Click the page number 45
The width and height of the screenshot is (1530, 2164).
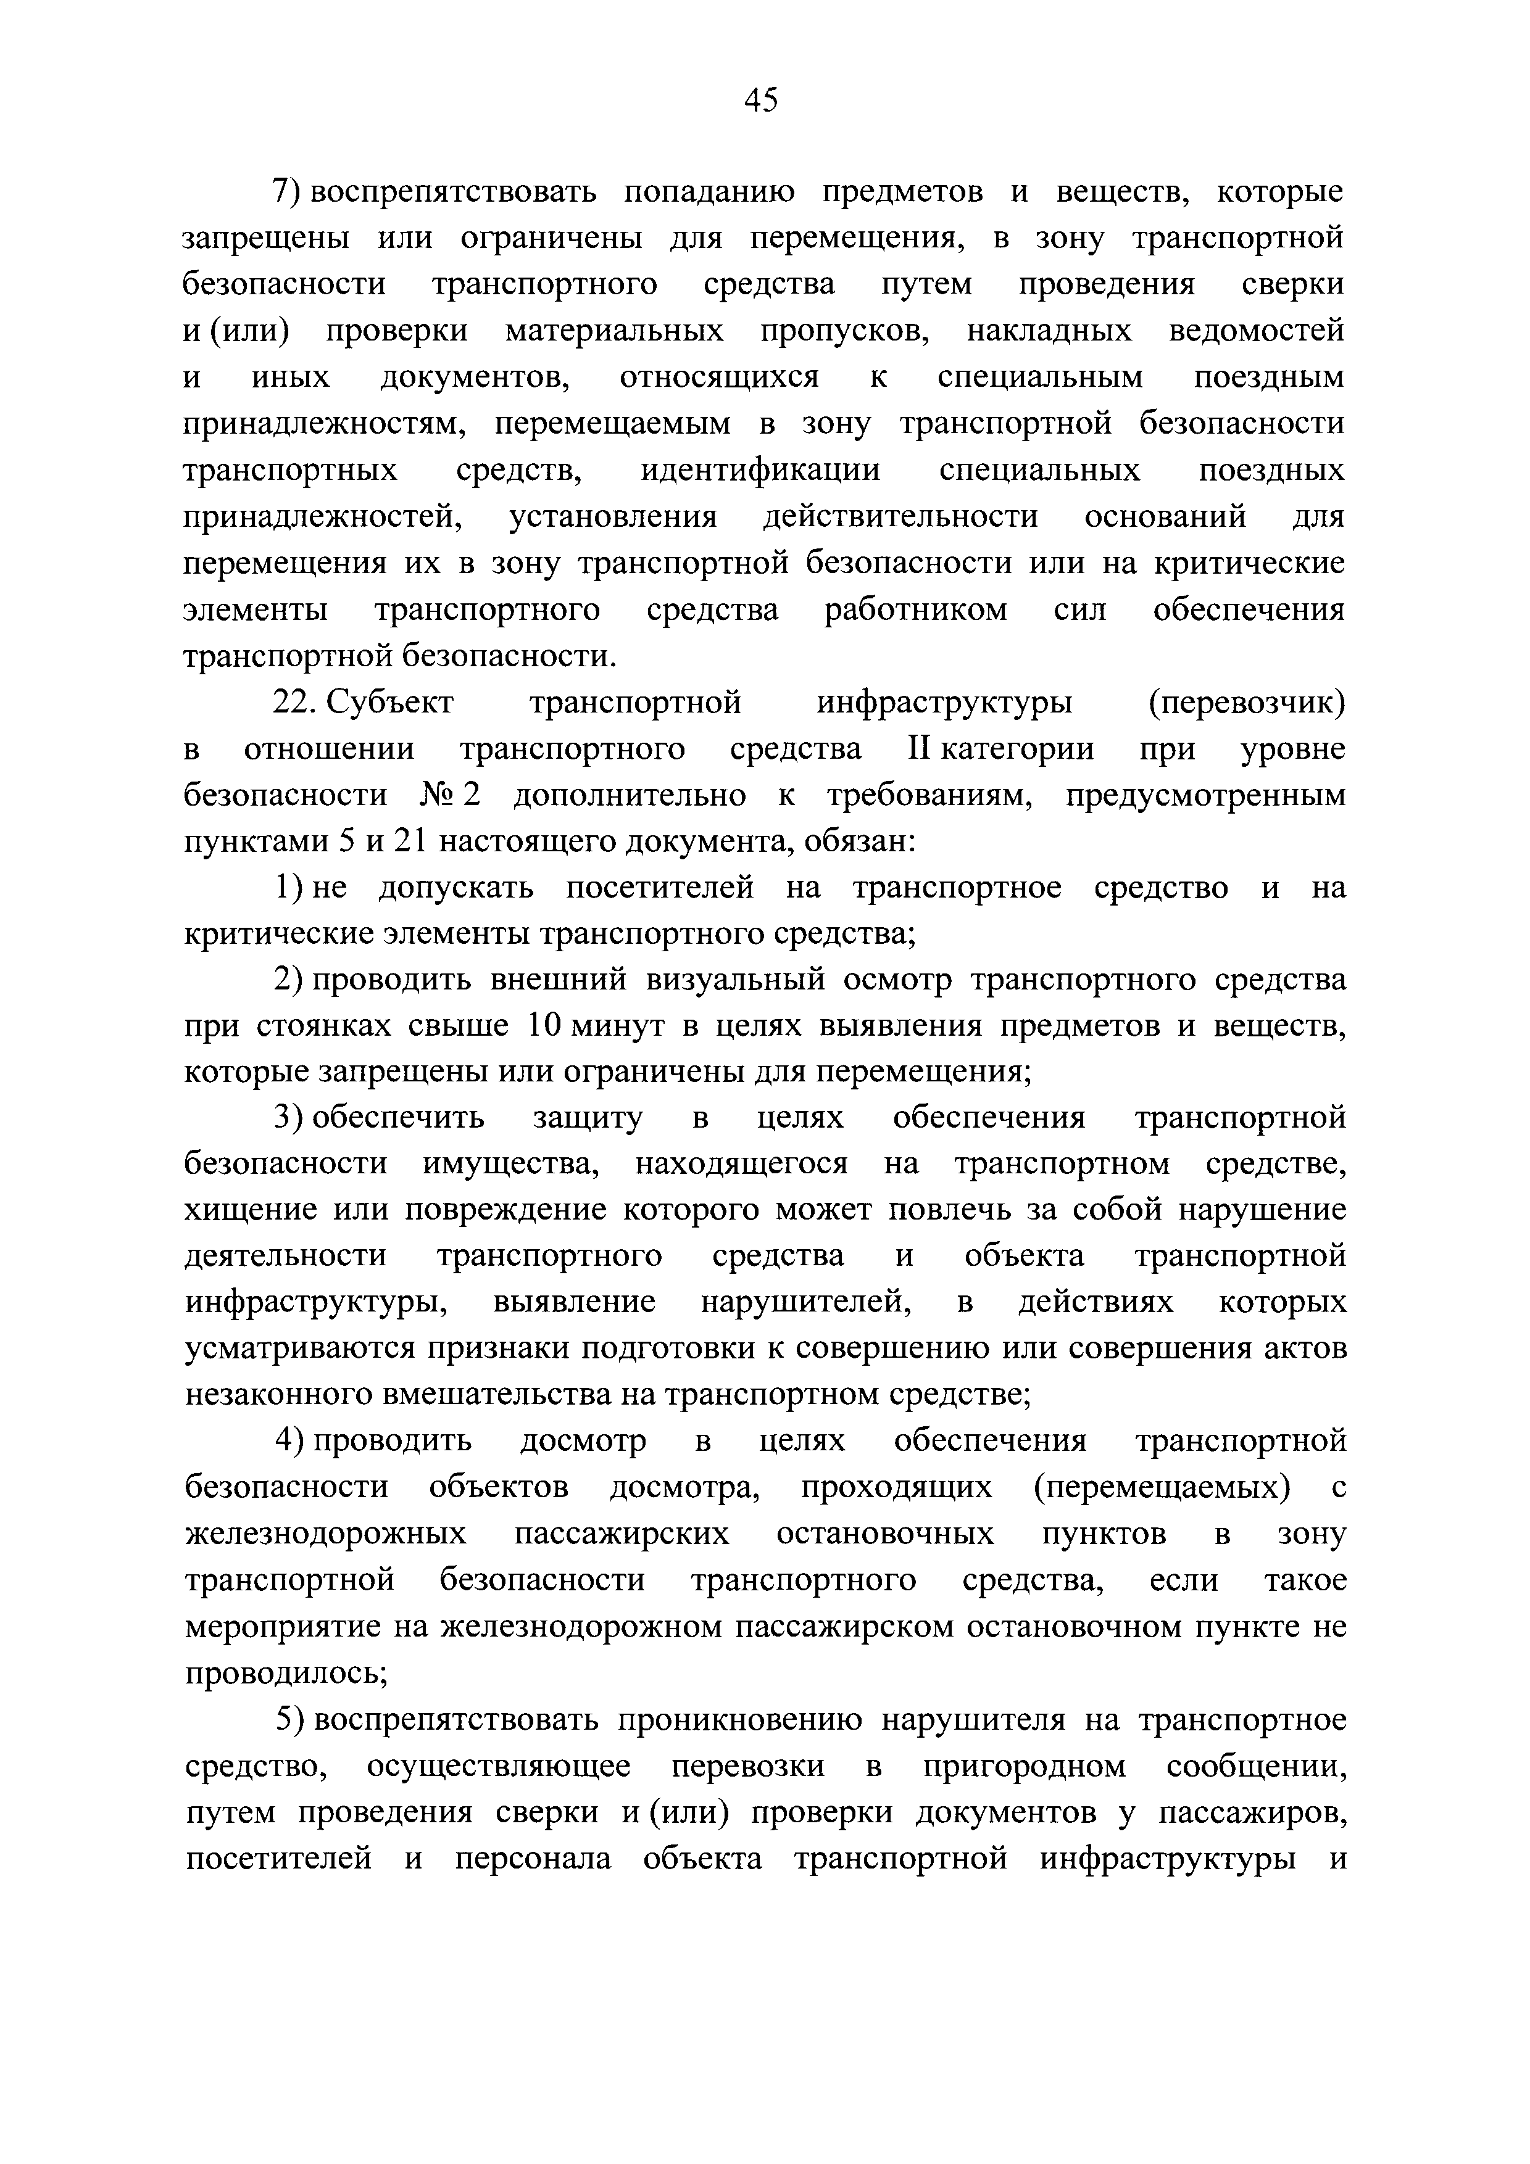point(761,99)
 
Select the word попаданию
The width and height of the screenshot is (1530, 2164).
point(709,192)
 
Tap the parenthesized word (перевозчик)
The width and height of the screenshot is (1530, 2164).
point(1246,703)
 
